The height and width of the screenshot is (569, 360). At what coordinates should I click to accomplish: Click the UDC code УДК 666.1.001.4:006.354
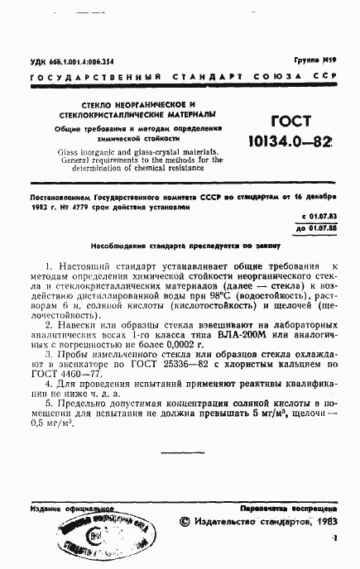coord(71,61)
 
